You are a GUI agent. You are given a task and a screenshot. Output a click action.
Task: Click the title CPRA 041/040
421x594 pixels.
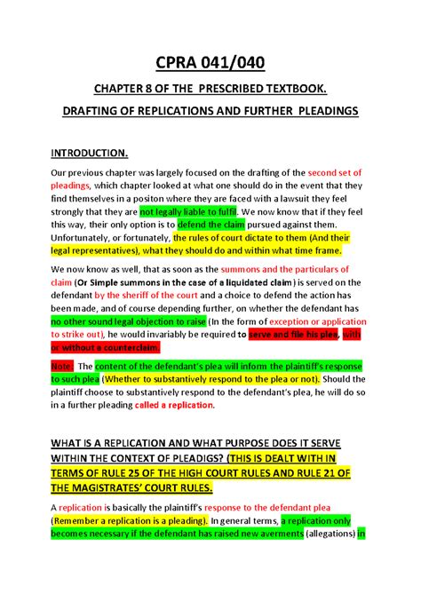[210, 65]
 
